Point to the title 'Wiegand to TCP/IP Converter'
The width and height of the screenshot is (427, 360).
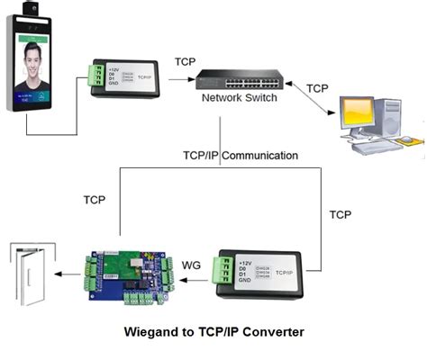point(213,331)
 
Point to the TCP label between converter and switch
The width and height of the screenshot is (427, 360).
point(185,62)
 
